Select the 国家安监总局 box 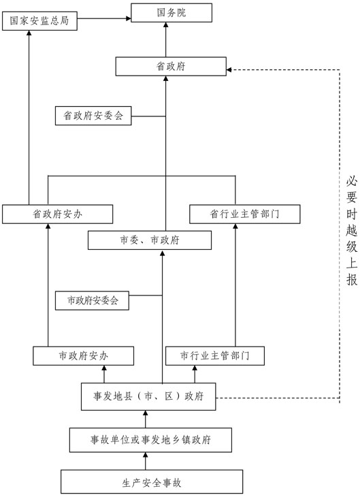click(39, 21)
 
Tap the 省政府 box click(169, 66)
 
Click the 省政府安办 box click(57, 214)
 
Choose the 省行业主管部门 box click(235, 214)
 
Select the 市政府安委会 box click(93, 300)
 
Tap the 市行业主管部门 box click(215, 355)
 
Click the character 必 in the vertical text click(351, 182)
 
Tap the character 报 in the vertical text click(351, 281)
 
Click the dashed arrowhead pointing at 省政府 click(229, 69)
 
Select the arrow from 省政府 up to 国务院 click(165, 39)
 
